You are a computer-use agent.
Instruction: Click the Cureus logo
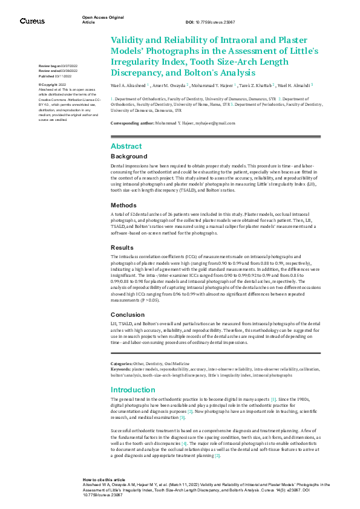tap(31, 21)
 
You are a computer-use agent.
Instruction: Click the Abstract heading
tap(126, 146)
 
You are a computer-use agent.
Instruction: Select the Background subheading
tap(129, 157)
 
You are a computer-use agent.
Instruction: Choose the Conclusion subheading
tap(127, 314)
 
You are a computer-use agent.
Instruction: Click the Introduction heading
tap(133, 390)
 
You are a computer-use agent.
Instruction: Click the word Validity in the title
tap(129, 40)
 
